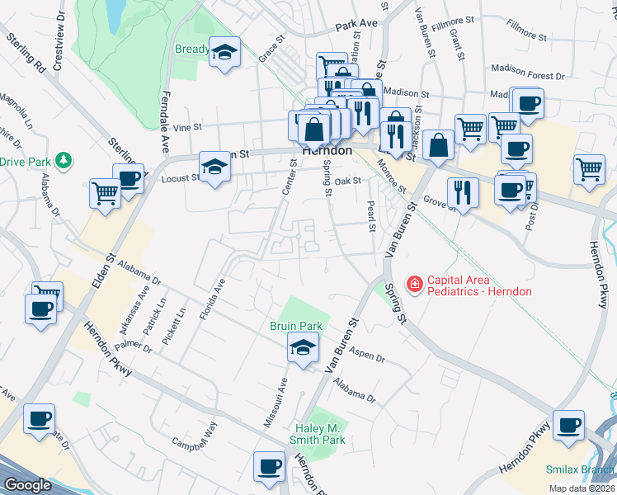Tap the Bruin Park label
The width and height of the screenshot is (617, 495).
[294, 326]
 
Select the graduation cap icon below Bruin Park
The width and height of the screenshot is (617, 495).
[303, 347]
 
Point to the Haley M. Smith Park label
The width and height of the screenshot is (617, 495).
[320, 434]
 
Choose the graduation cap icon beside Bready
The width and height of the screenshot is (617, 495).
[224, 53]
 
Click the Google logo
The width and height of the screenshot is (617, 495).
[27, 485]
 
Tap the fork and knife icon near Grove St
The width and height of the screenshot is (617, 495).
[463, 192]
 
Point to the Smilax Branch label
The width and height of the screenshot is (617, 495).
[579, 469]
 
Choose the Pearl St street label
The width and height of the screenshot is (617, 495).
[370, 213]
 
